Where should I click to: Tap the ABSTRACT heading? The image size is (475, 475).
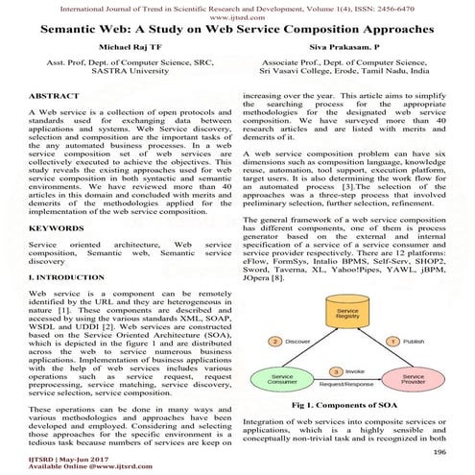[54, 98]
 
